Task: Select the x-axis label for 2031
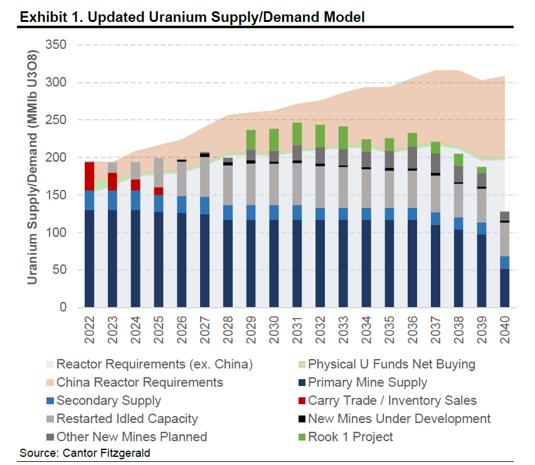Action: click(x=297, y=328)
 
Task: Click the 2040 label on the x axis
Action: click(x=505, y=328)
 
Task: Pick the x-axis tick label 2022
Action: click(x=90, y=328)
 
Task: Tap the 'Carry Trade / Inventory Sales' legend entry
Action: click(x=393, y=400)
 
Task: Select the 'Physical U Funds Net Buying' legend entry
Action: click(x=391, y=363)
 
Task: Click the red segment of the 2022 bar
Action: click(x=90, y=176)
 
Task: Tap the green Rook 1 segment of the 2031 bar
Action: click(x=297, y=133)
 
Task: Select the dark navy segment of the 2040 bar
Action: click(x=505, y=288)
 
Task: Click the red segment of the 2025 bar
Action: click(x=159, y=191)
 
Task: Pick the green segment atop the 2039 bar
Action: click(x=482, y=170)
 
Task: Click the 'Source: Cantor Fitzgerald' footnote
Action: click(x=85, y=452)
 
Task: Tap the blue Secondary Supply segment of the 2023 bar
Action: click(x=113, y=200)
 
